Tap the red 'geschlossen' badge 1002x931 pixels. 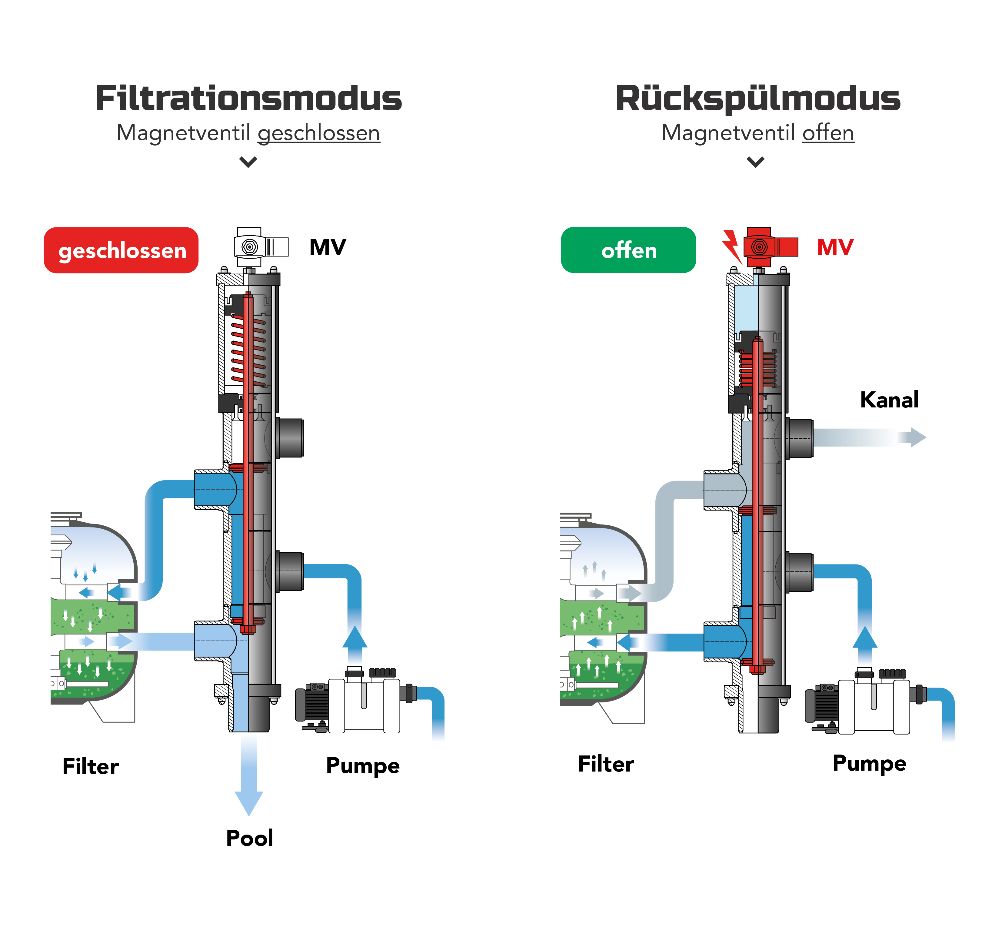tap(121, 250)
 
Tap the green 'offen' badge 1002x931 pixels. tap(628, 250)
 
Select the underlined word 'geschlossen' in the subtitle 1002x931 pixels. tap(319, 133)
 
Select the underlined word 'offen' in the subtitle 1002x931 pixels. tap(828, 133)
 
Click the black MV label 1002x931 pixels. tap(328, 247)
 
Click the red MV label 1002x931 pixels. tap(835, 247)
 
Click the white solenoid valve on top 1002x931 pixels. tap(261, 247)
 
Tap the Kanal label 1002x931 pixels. tap(889, 400)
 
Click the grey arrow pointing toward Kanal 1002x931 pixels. tap(870, 437)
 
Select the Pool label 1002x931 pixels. tap(249, 838)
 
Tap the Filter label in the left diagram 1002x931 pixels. tap(91, 766)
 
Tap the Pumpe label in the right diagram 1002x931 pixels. tap(870, 764)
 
